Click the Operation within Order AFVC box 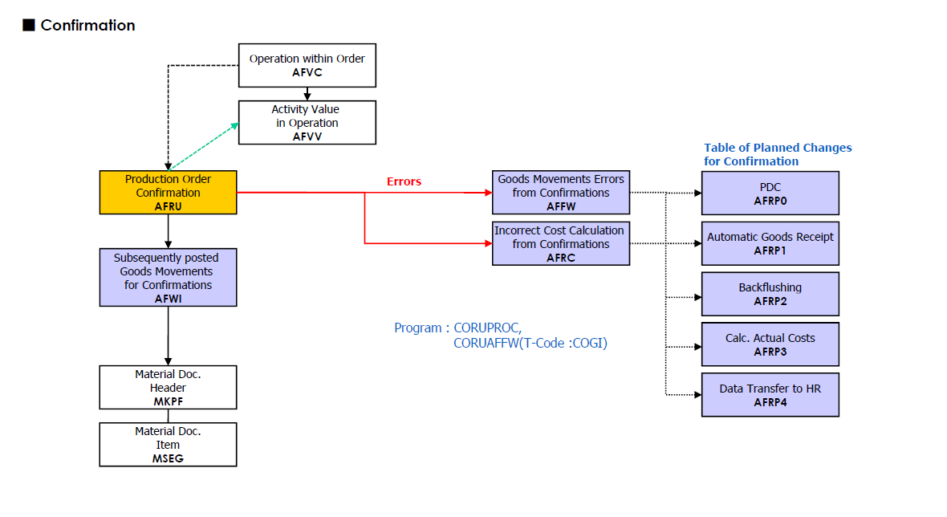coord(307,65)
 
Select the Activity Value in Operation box coord(307,122)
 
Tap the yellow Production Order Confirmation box coord(168,193)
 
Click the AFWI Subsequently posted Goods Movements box coord(168,278)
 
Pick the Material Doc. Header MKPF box coord(168,388)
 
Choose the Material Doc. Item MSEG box coord(168,445)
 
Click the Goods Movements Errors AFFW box coord(561,193)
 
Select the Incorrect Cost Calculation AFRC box coord(561,243)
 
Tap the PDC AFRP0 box coord(770,193)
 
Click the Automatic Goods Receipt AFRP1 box coord(770,243)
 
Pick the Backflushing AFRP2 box coord(770,294)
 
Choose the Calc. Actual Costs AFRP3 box coord(770,344)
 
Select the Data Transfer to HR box coord(770,395)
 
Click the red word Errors coord(404,181)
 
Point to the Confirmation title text coord(87,26)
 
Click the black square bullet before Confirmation coord(29,26)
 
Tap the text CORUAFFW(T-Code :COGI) coord(530,343)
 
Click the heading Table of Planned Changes coord(778,148)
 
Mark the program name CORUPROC coord(488,328)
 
